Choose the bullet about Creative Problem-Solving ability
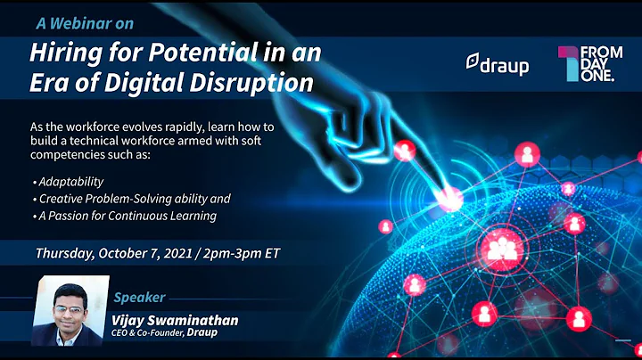pyautogui.click(x=135, y=199)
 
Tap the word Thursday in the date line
pyautogui.click(x=67, y=253)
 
